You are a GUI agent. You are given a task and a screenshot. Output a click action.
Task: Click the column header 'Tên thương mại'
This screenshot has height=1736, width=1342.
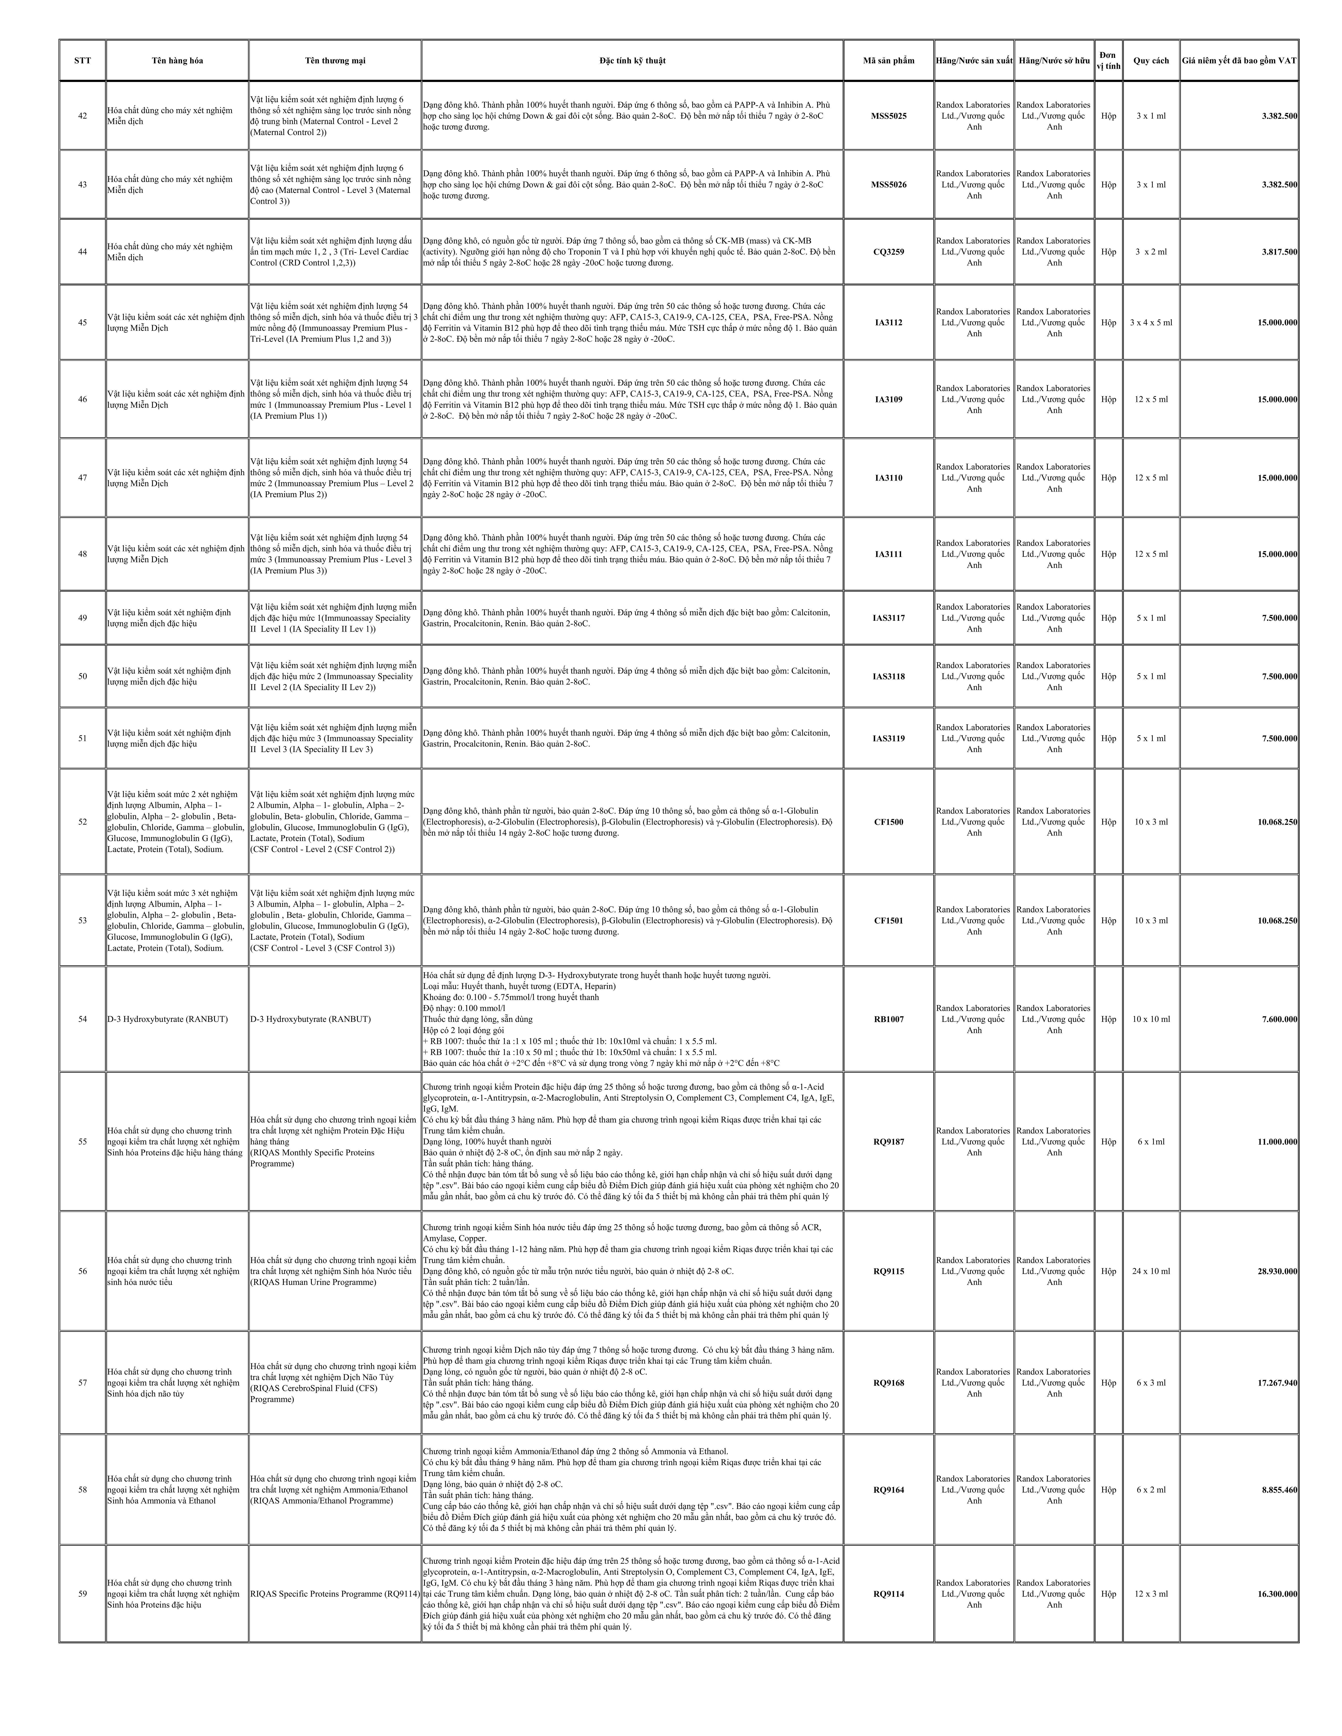[335, 60]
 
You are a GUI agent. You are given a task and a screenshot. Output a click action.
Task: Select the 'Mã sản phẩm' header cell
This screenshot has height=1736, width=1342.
[889, 60]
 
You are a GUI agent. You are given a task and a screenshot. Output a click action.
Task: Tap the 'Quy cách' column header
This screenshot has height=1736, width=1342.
[1150, 60]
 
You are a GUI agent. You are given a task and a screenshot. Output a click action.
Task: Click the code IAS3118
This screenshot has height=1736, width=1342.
[889, 676]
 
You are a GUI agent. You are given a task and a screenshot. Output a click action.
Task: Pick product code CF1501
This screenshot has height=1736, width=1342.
[889, 920]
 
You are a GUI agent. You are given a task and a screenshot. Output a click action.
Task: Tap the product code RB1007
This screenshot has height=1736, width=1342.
[889, 1019]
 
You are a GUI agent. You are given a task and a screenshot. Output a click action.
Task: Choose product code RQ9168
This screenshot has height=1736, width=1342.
[889, 1383]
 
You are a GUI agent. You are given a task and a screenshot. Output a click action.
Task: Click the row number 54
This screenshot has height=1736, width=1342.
[83, 1019]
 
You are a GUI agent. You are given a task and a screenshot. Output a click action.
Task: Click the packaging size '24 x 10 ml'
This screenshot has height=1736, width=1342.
[1150, 1271]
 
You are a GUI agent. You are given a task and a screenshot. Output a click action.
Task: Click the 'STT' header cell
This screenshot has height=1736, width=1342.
[83, 60]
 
